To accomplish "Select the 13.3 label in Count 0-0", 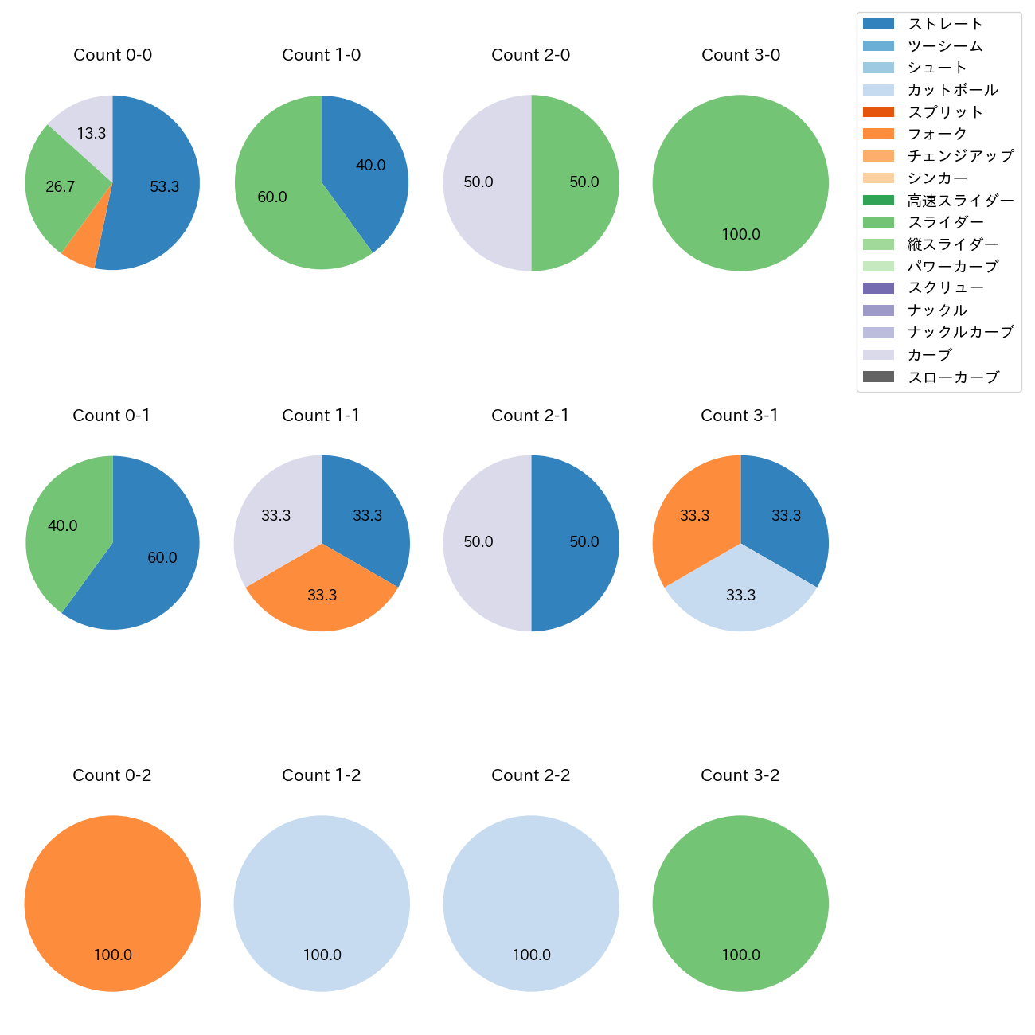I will (x=92, y=134).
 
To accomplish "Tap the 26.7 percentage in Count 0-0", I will (x=61, y=187).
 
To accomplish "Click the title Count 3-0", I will (x=740, y=55).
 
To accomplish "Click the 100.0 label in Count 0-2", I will (x=113, y=955).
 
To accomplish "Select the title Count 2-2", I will (x=531, y=775).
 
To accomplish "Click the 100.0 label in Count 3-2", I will (x=740, y=955).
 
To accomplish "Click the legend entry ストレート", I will (x=945, y=24).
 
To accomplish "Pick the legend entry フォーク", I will (x=937, y=134).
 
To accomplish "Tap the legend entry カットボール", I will (x=952, y=90).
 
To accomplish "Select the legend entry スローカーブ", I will (x=953, y=377).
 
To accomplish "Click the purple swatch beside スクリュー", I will (x=878, y=288).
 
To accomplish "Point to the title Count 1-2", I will (x=322, y=775).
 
